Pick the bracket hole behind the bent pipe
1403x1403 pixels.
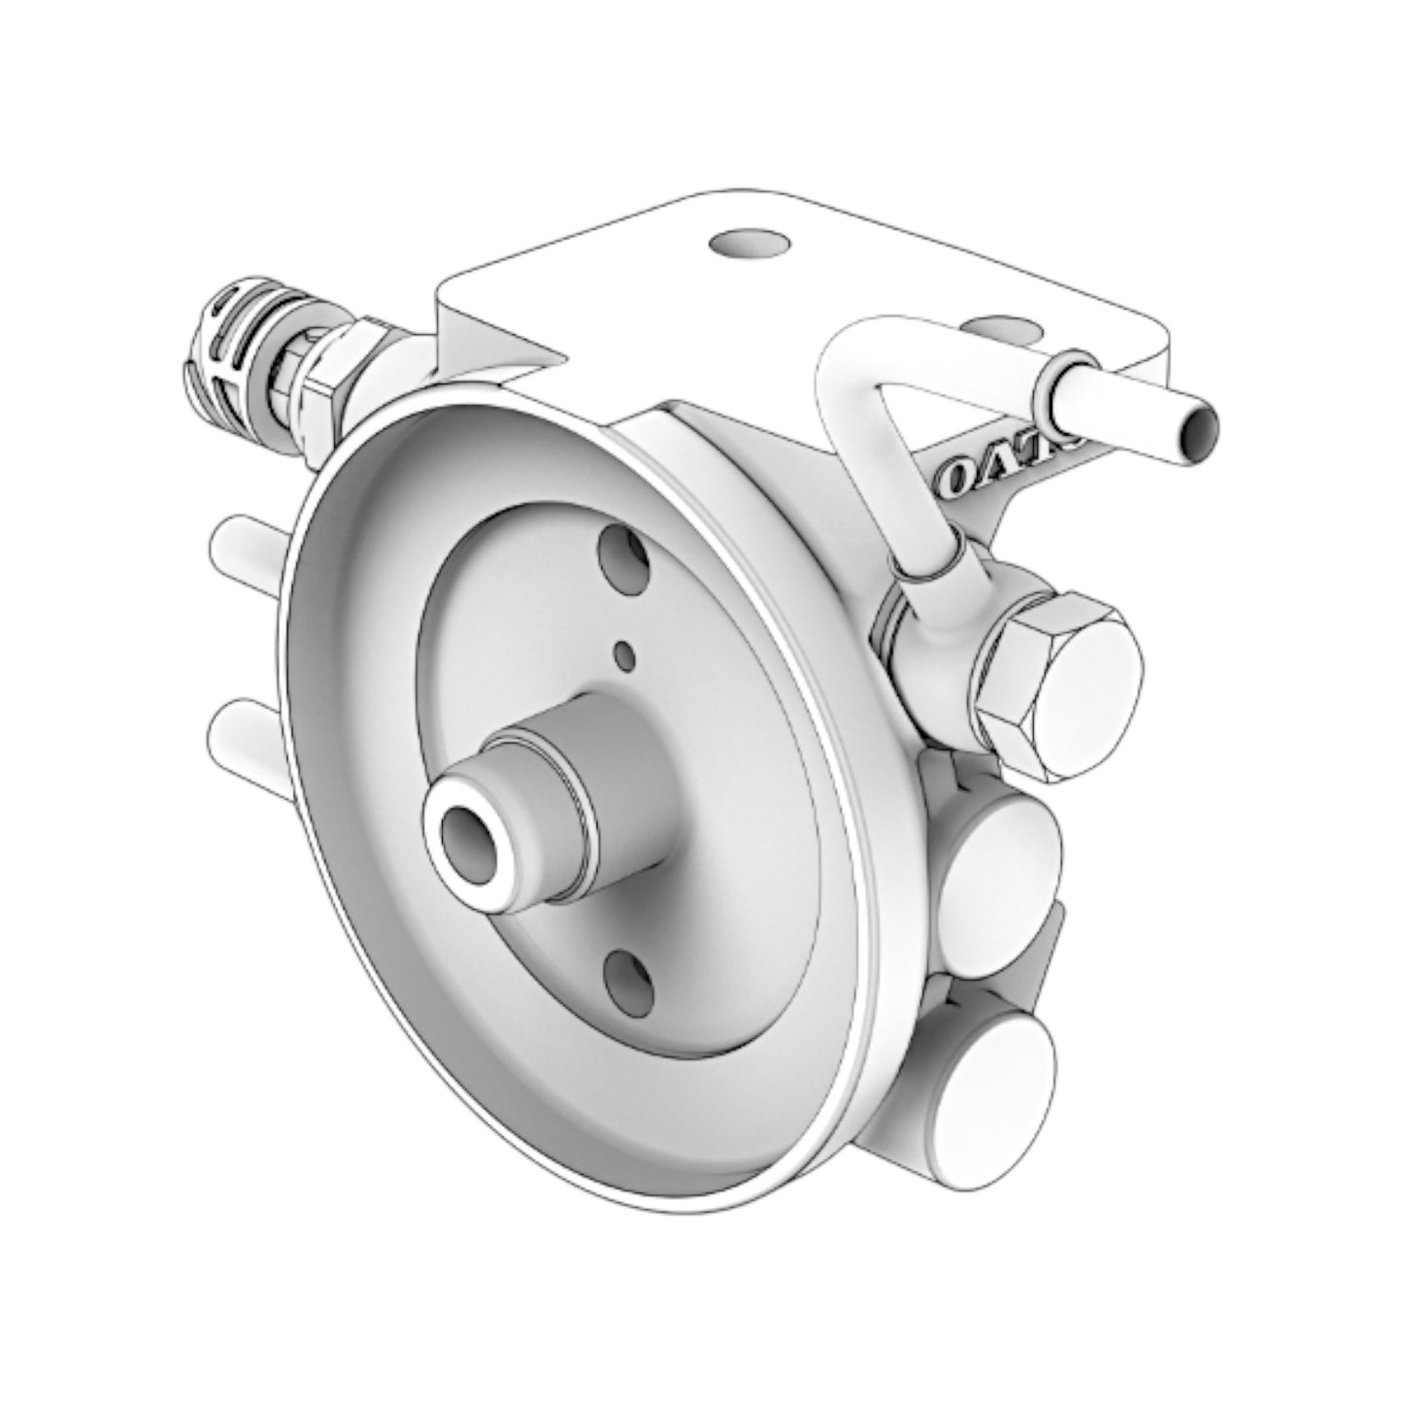click(x=1000, y=328)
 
